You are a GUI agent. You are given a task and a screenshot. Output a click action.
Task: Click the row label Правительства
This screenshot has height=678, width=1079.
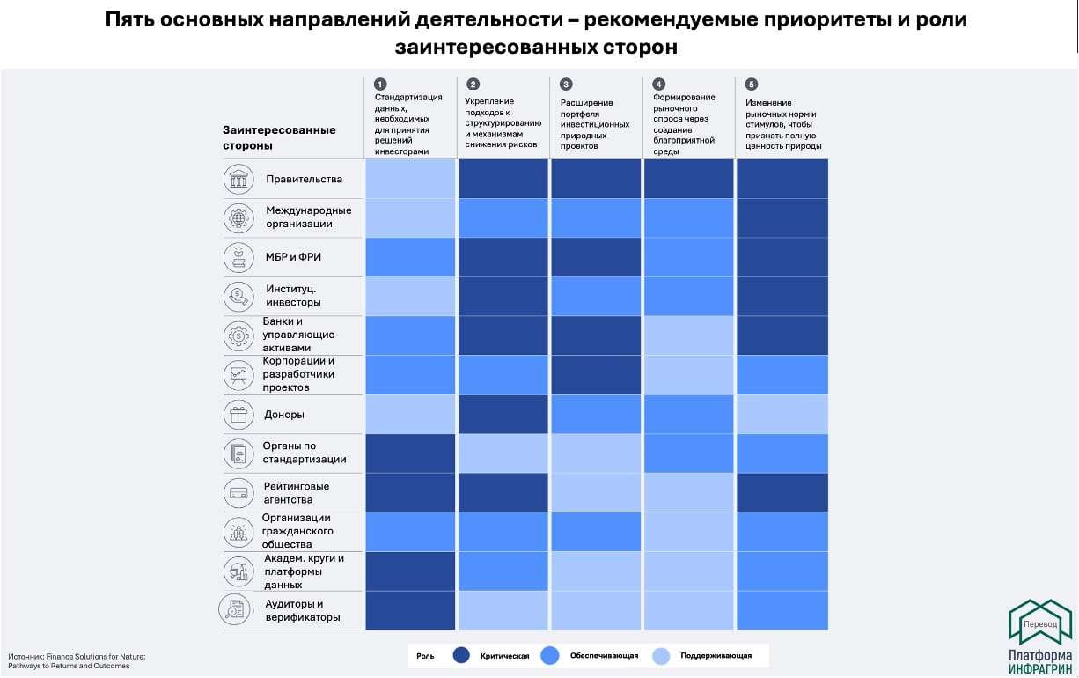tap(304, 180)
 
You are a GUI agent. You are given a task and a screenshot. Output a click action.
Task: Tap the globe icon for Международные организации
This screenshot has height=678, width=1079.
tap(238, 217)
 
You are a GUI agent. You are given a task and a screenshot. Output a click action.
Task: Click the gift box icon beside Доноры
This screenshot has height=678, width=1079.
tap(238, 414)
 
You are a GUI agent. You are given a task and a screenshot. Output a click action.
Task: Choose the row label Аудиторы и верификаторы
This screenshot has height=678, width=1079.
tap(302, 610)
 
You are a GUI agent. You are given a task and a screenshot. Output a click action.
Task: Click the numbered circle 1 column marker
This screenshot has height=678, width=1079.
tap(380, 84)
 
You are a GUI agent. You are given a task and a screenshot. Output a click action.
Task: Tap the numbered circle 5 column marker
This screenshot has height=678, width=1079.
tap(751, 85)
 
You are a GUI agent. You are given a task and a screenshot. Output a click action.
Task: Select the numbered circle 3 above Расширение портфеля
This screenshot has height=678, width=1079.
tap(566, 85)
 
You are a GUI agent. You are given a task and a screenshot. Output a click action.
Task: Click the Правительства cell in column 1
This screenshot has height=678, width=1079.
tap(410, 179)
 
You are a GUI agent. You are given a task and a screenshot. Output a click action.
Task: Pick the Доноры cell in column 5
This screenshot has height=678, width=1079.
tap(782, 414)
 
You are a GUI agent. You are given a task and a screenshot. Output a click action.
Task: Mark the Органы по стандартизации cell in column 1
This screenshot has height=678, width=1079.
tap(410, 453)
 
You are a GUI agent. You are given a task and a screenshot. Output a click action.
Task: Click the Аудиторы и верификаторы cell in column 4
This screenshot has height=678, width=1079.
tap(688, 610)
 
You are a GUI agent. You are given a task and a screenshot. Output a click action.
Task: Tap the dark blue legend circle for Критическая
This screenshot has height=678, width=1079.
tap(461, 656)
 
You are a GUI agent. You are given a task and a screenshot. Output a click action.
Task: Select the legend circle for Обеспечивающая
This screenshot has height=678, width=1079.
tap(550, 656)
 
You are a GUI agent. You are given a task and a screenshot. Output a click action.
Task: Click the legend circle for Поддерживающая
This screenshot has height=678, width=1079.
tap(661, 656)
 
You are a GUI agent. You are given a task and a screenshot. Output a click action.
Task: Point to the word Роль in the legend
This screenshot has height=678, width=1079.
tap(425, 656)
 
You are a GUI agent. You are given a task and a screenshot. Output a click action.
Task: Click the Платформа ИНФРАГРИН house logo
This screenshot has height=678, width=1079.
tap(1039, 621)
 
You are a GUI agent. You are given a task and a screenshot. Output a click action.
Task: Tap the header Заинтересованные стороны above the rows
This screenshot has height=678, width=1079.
tap(279, 137)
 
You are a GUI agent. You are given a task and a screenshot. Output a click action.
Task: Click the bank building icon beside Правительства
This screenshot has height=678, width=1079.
tap(238, 179)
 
